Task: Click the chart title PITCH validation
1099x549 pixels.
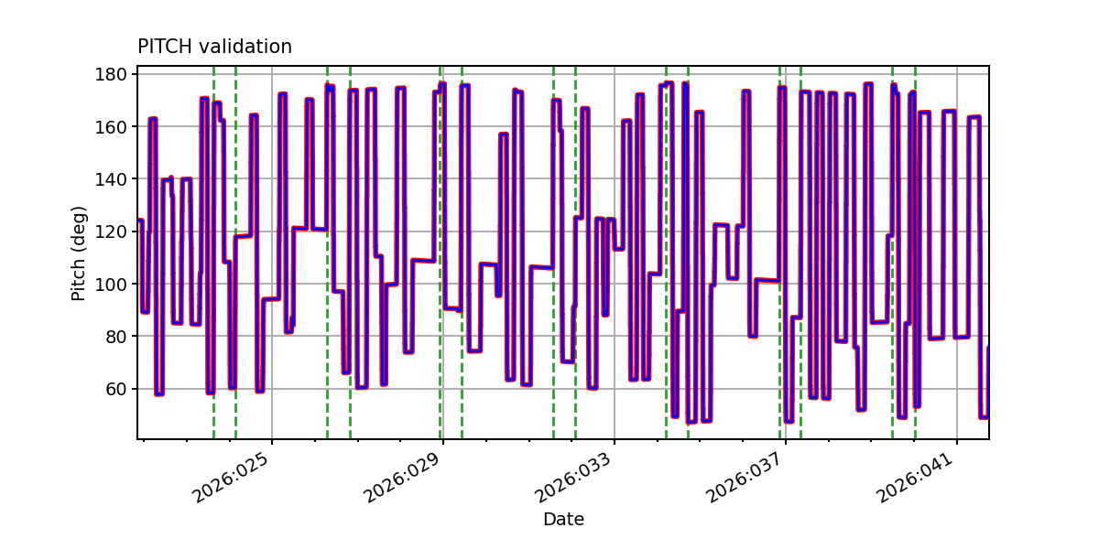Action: [214, 47]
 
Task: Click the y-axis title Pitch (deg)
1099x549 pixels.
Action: [80, 253]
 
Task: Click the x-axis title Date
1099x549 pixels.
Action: [563, 520]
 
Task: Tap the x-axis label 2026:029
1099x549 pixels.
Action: [404, 480]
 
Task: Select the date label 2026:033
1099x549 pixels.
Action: [575, 480]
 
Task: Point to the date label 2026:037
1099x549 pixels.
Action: [746, 480]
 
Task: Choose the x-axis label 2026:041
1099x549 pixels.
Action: [918, 480]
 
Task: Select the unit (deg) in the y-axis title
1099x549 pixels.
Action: [80, 229]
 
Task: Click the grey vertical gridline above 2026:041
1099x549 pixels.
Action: [957, 274]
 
